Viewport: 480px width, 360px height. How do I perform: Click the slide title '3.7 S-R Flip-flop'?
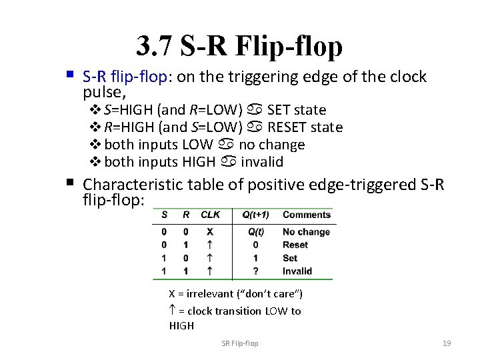[x=239, y=46]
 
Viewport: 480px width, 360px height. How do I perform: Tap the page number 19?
[x=447, y=343]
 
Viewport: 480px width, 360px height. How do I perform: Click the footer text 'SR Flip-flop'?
[x=240, y=343]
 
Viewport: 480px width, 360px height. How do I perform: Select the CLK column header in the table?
[x=210, y=215]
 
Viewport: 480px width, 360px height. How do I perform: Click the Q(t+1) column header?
[x=256, y=215]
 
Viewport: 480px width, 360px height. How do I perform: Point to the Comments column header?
[x=306, y=215]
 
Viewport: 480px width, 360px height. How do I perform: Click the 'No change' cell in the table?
[x=306, y=232]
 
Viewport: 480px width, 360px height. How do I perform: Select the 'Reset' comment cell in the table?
[x=295, y=245]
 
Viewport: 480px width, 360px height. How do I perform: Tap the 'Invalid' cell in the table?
[x=297, y=271]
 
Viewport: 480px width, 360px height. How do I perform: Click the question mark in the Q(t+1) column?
[x=255, y=271]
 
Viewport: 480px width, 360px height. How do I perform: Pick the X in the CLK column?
[x=210, y=232]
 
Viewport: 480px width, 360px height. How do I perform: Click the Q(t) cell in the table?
[x=256, y=232]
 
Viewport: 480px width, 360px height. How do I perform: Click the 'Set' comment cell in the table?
[x=290, y=258]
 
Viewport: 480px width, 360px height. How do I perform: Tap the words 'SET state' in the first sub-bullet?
[x=296, y=110]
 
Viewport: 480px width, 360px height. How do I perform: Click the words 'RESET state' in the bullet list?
[x=305, y=127]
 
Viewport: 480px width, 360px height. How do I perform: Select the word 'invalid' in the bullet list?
[x=262, y=162]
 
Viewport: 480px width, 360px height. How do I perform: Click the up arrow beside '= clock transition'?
[x=173, y=311]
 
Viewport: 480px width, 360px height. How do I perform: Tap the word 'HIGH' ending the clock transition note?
[x=181, y=326]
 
